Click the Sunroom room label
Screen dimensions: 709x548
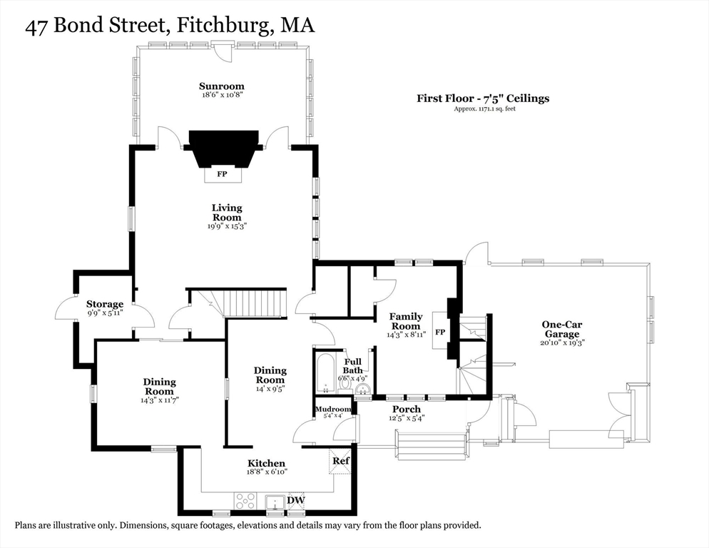(x=222, y=86)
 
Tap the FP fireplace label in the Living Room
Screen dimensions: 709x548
(x=222, y=174)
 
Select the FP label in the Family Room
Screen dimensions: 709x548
(x=440, y=332)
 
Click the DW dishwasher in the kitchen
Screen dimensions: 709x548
(x=296, y=500)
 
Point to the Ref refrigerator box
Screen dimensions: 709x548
(x=340, y=461)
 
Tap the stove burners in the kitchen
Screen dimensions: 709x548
(x=245, y=501)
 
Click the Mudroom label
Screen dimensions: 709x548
(x=333, y=409)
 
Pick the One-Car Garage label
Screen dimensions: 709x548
(x=562, y=330)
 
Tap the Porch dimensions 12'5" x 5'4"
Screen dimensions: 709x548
(x=407, y=419)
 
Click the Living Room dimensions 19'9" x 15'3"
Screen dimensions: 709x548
(x=227, y=226)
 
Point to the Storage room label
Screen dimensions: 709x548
(x=105, y=304)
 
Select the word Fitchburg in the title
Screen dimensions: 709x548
(x=220, y=26)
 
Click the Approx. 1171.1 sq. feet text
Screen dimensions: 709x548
(x=485, y=109)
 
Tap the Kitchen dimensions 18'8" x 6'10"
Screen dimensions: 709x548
(x=267, y=472)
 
